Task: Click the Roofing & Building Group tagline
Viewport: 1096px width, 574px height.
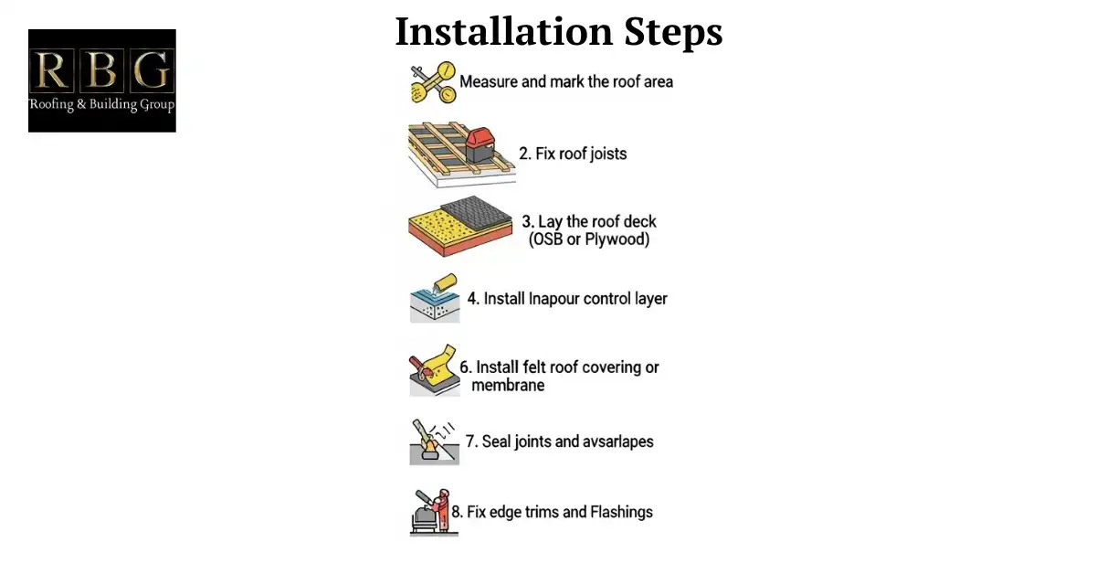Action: click(101, 104)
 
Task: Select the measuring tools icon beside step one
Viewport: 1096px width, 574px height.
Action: click(432, 82)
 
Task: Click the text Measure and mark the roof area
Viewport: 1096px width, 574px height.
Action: click(566, 82)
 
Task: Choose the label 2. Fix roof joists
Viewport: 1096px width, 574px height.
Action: click(573, 154)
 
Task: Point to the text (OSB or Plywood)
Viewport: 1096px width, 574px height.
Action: click(589, 240)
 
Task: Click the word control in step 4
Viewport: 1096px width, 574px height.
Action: click(606, 299)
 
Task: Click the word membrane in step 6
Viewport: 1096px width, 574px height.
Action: click(508, 386)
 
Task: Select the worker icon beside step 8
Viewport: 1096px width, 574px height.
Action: click(430, 512)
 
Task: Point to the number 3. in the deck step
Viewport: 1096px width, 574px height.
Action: click(528, 222)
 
